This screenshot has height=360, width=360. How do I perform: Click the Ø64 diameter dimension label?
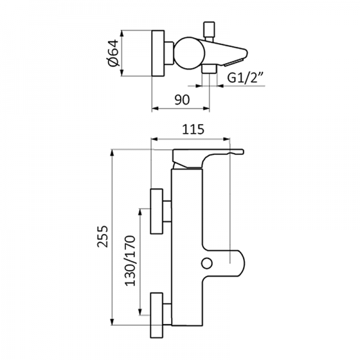[112, 53]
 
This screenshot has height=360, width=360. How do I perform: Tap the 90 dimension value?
[182, 99]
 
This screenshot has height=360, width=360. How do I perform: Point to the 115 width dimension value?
[192, 128]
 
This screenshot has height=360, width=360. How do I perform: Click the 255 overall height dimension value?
[103, 238]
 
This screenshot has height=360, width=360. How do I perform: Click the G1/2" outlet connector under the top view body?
[209, 70]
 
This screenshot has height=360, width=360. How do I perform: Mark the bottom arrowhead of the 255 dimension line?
[113, 327]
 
